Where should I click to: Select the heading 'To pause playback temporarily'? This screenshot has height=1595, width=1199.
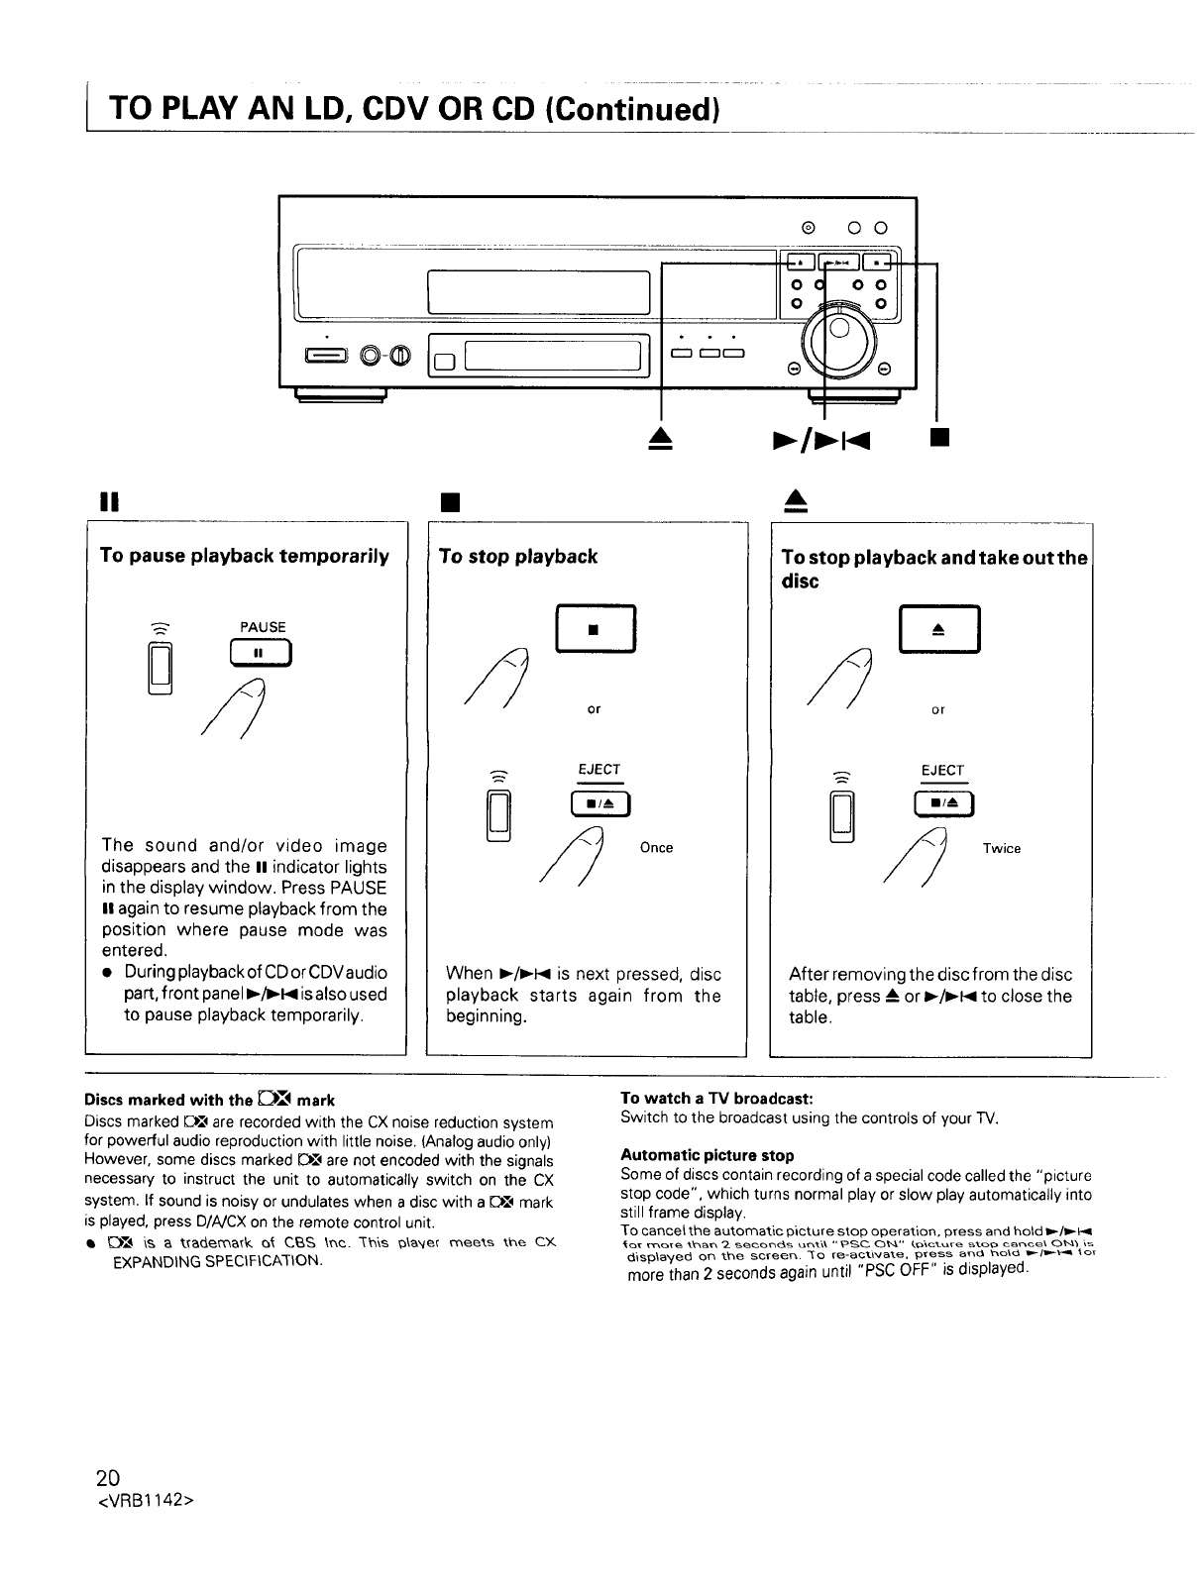245,555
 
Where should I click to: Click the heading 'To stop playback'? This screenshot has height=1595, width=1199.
518,556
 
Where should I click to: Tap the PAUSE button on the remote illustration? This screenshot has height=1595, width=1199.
256,653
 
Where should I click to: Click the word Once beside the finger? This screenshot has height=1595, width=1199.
656,848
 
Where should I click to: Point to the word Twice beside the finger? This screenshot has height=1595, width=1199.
1001,849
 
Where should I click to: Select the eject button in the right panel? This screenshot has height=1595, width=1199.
937,628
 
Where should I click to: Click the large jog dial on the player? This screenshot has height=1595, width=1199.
839,343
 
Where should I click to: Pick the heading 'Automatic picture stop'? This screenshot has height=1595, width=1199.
707,1155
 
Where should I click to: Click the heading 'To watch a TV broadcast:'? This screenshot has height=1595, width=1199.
716,1099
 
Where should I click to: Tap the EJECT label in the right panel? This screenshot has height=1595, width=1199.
941,770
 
